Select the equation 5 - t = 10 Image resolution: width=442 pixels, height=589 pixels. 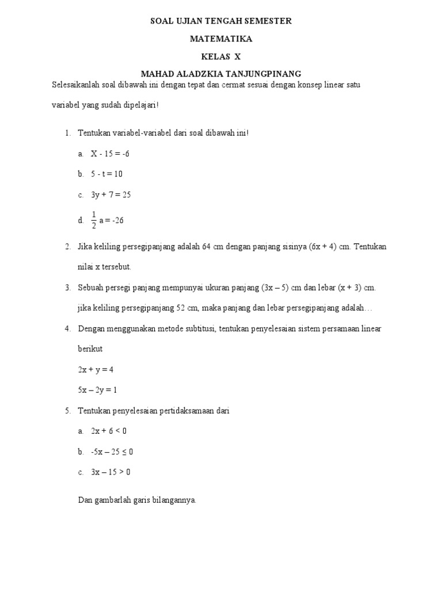pos(106,174)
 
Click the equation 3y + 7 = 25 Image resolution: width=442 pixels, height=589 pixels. pos(111,194)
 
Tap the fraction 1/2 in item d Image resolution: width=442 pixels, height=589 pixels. pos(94,220)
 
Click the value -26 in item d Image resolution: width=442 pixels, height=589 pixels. pos(118,220)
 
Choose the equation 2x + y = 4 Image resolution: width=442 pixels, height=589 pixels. pos(96,369)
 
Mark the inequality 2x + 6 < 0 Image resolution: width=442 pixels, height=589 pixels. pos(108,430)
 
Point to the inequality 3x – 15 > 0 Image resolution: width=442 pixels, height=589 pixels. pos(110,472)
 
